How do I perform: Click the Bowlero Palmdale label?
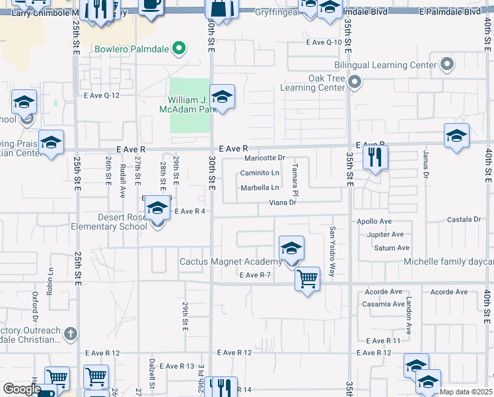pos(131,48)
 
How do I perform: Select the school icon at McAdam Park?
pos(222,97)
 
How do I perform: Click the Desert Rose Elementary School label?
pos(104,222)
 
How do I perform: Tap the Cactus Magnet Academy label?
pos(231,262)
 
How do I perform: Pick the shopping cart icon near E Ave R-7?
pos(307,279)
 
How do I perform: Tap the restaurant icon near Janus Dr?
pos(375,157)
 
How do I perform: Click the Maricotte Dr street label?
pos(264,158)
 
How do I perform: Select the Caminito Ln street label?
pos(260,173)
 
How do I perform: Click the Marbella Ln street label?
pos(260,188)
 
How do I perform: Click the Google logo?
pos(22,389)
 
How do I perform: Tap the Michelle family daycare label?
pos(448,262)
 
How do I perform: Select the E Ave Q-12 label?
pos(102,95)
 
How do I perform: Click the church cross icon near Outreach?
pos(71,334)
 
